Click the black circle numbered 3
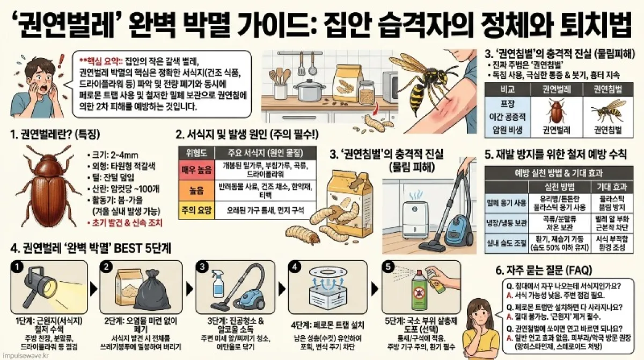click(203, 267)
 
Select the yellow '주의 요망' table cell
click(196, 210)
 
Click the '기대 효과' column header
click(608, 187)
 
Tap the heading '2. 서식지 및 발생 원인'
click(239, 134)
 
